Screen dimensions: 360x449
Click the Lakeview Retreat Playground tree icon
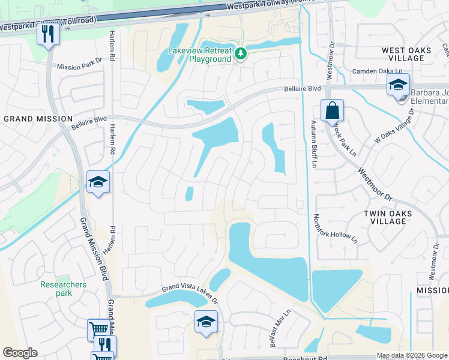pos(241,54)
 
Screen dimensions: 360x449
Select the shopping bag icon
pos(332,111)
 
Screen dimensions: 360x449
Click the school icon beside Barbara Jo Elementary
pos(397,85)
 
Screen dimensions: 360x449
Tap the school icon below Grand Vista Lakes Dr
pos(205,322)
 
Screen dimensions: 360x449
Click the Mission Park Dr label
pos(80,64)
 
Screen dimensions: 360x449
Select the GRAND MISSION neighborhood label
pos(38,119)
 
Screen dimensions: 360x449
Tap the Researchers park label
pos(64,289)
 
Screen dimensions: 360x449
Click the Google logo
pos(20,353)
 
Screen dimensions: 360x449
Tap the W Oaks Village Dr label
pos(395,131)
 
